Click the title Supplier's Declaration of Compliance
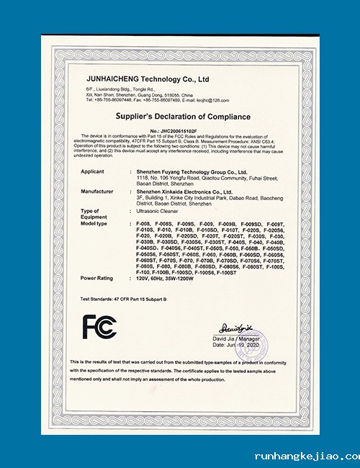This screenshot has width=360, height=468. click(183, 116)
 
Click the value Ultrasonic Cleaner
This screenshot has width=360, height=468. click(158, 213)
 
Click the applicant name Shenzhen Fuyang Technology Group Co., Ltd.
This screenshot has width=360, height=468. click(192, 172)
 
